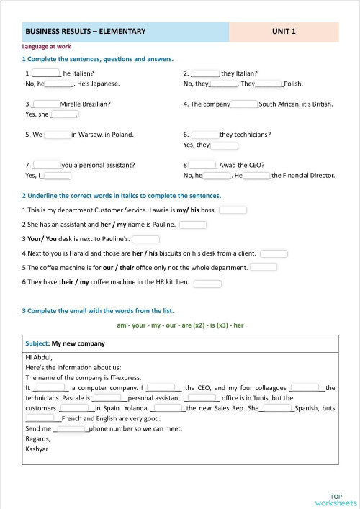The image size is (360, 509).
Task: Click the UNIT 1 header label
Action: [284, 32]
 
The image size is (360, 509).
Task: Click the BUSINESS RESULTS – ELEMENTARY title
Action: [86, 32]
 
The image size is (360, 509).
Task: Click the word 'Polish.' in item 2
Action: [293, 84]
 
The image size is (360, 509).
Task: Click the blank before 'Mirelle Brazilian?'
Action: [47, 104]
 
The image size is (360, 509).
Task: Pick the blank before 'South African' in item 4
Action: [243, 104]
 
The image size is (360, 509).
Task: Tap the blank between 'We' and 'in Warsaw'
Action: [57, 134]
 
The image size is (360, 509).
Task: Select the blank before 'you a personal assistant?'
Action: [47, 164]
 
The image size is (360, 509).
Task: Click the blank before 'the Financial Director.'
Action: [257, 175]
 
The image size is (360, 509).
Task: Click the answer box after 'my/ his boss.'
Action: [233, 210]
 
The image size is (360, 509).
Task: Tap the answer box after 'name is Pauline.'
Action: [193, 225]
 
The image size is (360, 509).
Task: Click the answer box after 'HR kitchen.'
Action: [207, 282]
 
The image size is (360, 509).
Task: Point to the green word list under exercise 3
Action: [180, 325]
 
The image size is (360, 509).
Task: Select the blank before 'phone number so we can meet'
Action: [71, 429]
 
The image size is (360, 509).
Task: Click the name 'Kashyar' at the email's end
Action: [37, 449]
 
